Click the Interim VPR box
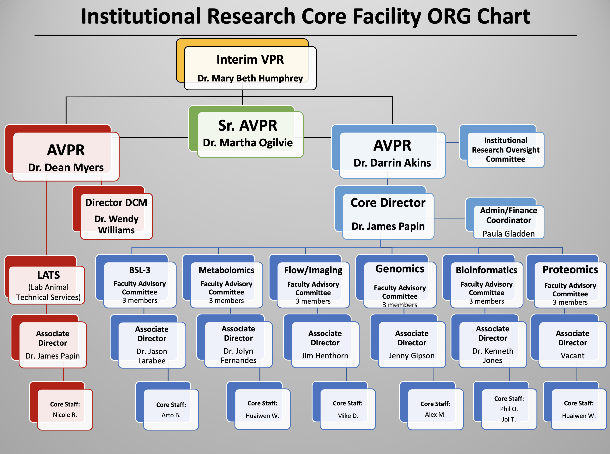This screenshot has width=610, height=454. (250, 68)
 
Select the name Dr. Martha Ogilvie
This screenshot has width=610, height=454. (248, 143)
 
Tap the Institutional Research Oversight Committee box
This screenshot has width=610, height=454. (506, 150)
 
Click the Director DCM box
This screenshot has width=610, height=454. (116, 216)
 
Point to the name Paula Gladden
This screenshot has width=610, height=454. (508, 234)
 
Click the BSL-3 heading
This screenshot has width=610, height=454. (140, 270)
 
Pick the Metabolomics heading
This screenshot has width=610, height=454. (226, 270)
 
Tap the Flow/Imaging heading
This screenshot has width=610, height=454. (313, 270)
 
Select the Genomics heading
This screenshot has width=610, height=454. (400, 269)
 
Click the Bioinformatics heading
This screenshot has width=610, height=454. (486, 270)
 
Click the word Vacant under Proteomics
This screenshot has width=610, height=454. (572, 356)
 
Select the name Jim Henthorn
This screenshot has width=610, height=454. (325, 356)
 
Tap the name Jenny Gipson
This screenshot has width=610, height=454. (412, 356)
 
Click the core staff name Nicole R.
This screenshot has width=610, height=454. (65, 415)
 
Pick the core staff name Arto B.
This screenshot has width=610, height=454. (171, 415)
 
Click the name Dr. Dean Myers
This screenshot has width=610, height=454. (66, 167)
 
